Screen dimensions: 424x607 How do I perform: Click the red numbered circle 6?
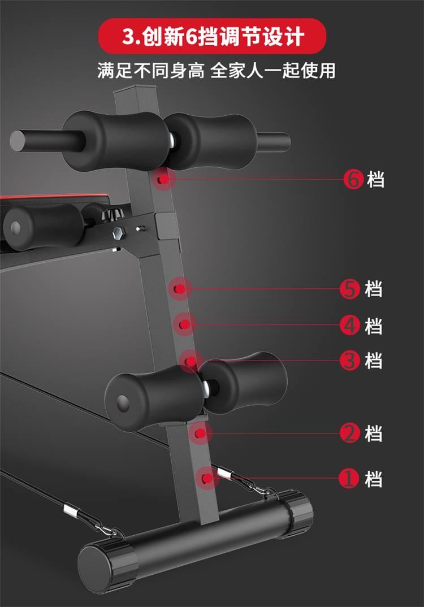coord(353,180)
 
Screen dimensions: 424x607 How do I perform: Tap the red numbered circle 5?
coord(349,289)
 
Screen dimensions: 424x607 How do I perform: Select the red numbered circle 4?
coord(349,325)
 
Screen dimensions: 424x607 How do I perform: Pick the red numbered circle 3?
coord(349,361)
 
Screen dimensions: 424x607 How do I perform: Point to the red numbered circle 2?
coord(349,433)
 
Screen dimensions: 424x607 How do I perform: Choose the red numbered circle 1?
coord(348,479)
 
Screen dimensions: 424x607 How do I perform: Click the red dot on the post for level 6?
coord(165,179)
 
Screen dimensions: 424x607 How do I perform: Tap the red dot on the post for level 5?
coord(179,289)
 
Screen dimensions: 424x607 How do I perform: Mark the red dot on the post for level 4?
coord(185,324)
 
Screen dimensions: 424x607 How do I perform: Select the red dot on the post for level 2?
coord(200,433)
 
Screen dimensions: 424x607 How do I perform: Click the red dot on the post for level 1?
coord(207,479)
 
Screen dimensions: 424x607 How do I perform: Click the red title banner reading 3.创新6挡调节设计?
coord(213,36)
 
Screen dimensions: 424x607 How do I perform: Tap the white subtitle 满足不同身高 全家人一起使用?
coord(216,71)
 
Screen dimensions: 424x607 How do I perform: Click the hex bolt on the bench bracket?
coord(118,233)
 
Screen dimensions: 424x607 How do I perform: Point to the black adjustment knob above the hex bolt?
coord(112,214)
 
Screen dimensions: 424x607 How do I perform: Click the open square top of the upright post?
coord(135,90)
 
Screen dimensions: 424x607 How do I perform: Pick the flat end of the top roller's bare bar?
coord(18,141)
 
